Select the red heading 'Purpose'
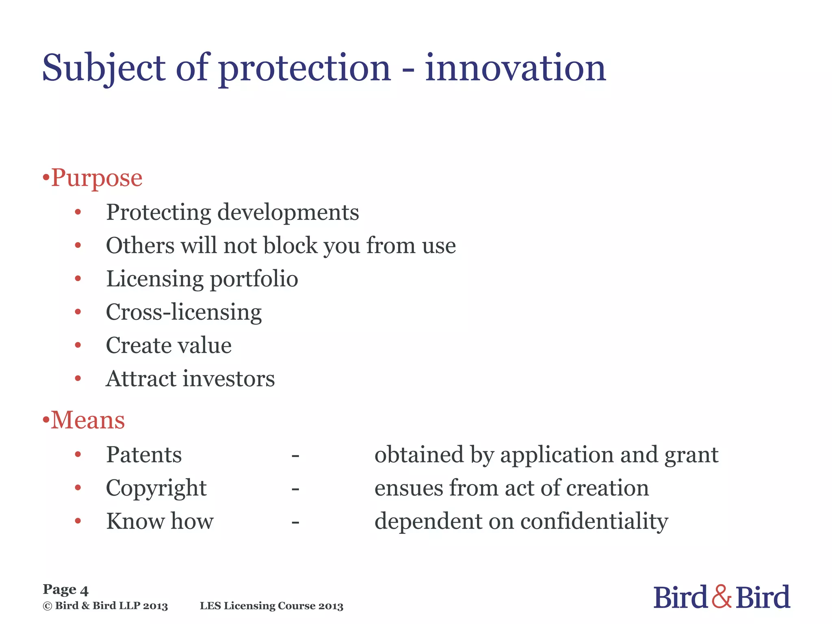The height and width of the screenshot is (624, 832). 97,178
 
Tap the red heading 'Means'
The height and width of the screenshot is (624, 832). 88,420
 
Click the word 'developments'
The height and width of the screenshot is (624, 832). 288,213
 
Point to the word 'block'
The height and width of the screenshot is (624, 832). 290,245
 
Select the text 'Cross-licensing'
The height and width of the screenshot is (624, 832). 184,313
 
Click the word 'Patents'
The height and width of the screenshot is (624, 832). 144,455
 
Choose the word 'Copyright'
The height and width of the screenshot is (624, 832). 156,488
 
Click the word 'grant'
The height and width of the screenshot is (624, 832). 691,455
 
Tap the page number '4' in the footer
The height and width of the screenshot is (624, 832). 84,590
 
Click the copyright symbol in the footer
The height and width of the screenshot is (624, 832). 48,606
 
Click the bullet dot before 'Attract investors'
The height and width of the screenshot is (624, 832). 78,379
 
